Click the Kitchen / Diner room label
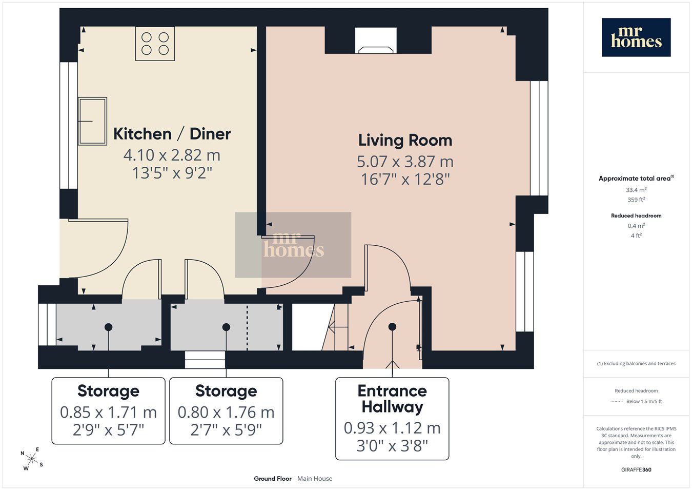pyautogui.click(x=172, y=134)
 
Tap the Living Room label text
pyautogui.click(x=405, y=140)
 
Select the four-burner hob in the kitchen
pyautogui.click(x=155, y=44)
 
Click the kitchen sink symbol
pyautogui.click(x=92, y=121)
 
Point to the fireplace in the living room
pyautogui.click(x=376, y=41)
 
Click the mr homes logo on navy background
pyautogui.click(x=636, y=37)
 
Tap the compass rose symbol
pyautogui.click(x=31, y=459)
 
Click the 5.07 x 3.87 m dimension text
pyautogui.click(x=405, y=162)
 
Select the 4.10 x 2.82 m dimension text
pyautogui.click(x=172, y=155)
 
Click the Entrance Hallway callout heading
pyautogui.click(x=392, y=399)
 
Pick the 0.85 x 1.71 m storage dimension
pyautogui.click(x=108, y=413)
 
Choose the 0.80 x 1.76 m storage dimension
pyautogui.click(x=226, y=413)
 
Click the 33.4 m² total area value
pyautogui.click(x=636, y=190)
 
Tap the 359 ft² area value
pyautogui.click(x=636, y=200)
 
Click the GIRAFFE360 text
pyautogui.click(x=636, y=469)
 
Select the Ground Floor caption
pyautogui.click(x=273, y=479)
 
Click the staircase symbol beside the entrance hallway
pyautogui.click(x=335, y=327)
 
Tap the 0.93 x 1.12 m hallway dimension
pyautogui.click(x=392, y=428)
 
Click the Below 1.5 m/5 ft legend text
pyautogui.click(x=644, y=401)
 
